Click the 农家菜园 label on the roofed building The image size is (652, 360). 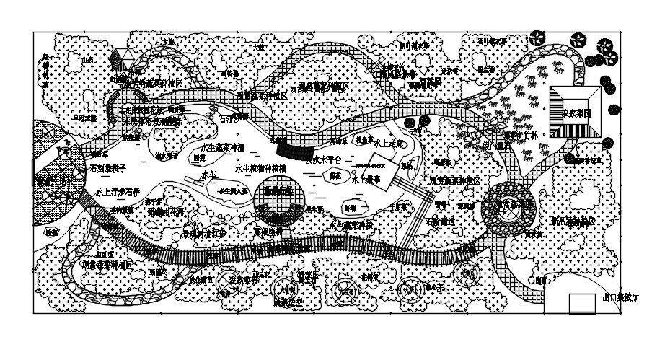pos(576,113)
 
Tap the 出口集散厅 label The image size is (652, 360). pos(620,297)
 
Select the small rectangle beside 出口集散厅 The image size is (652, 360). pos(582,303)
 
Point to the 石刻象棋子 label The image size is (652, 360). pos(108,168)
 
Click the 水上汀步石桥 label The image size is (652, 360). pos(118,193)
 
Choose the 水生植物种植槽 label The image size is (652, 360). pos(260,168)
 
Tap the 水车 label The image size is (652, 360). pos(209,175)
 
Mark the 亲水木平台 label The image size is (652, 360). pos(322,160)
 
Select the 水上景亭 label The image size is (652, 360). pos(366,180)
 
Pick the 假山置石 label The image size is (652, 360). pos(495,144)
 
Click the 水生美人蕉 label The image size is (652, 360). pos(233,192)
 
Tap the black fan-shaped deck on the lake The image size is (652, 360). pos(290,151)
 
